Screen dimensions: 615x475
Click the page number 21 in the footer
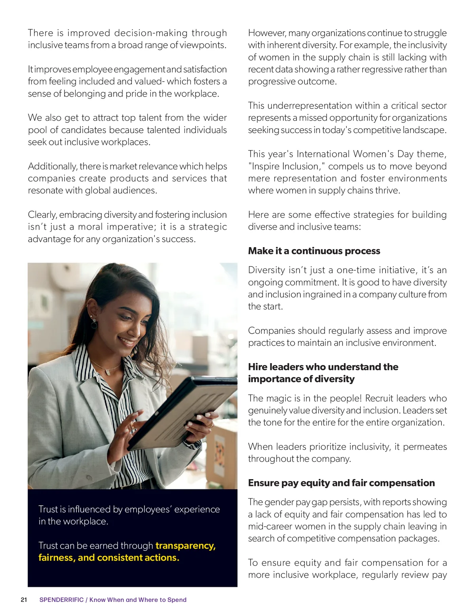point(24,600)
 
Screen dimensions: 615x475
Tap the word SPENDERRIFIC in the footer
point(61,600)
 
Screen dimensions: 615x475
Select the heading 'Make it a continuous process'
point(314,251)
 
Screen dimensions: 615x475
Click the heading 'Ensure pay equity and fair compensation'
point(341,483)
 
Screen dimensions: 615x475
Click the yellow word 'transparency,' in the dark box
point(186,546)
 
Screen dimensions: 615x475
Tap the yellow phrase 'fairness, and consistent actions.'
point(109,558)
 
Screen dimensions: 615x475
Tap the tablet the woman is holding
point(186,412)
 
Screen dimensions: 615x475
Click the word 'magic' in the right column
point(278,398)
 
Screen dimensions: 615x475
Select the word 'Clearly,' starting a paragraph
point(42,215)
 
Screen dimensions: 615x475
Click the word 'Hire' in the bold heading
point(258,367)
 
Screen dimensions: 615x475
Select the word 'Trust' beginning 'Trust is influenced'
point(48,509)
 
